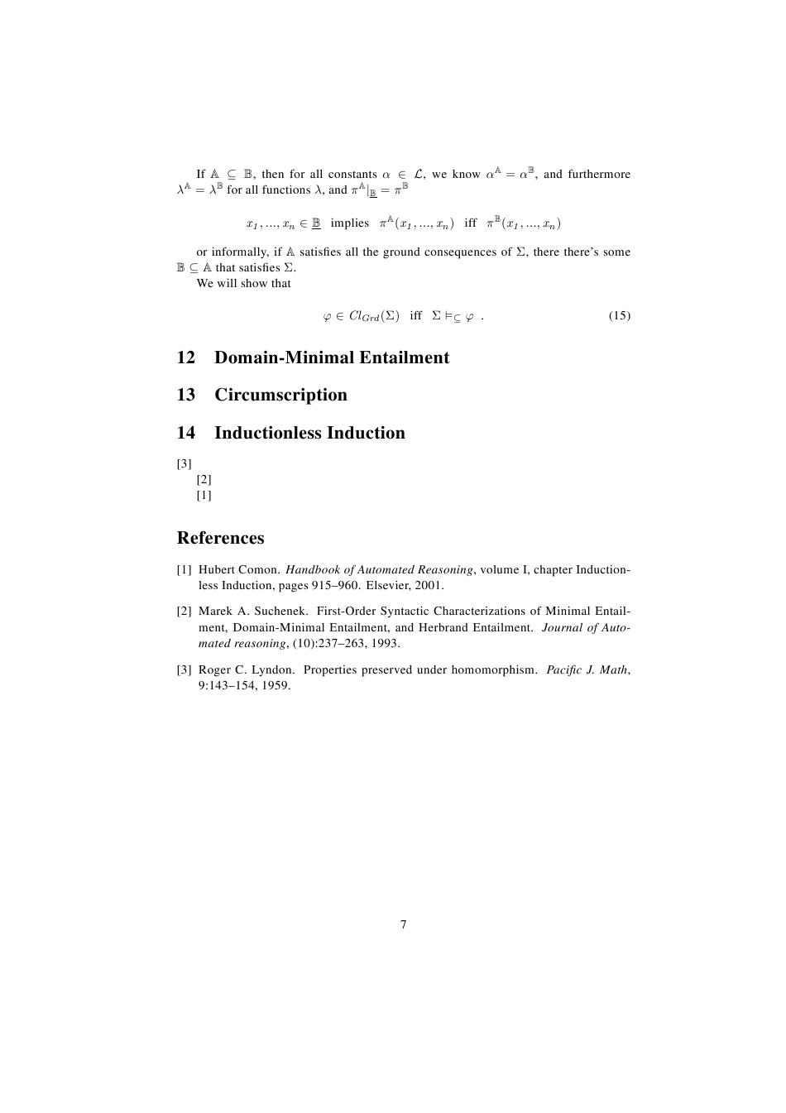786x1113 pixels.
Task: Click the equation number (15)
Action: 620,315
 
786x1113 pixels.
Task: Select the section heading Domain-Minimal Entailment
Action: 332,357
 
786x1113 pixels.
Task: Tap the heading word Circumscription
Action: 280,395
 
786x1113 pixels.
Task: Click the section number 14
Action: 186,433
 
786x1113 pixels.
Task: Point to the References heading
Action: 221,538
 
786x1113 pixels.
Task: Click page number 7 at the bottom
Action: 404,924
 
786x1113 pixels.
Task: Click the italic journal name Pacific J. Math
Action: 587,669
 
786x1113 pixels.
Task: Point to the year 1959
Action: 276,686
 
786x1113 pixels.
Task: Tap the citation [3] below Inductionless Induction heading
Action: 184,463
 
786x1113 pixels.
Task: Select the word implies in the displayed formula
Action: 349,223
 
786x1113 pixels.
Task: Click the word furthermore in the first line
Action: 598,175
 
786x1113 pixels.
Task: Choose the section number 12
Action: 186,357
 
